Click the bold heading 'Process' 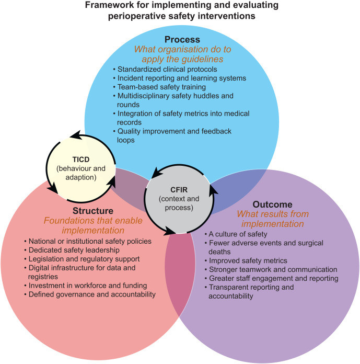point(182,39)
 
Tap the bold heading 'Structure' point(93,211)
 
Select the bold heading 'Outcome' point(273,204)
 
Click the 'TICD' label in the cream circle point(81,160)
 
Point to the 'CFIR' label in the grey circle point(179,190)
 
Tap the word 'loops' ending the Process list point(126,140)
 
